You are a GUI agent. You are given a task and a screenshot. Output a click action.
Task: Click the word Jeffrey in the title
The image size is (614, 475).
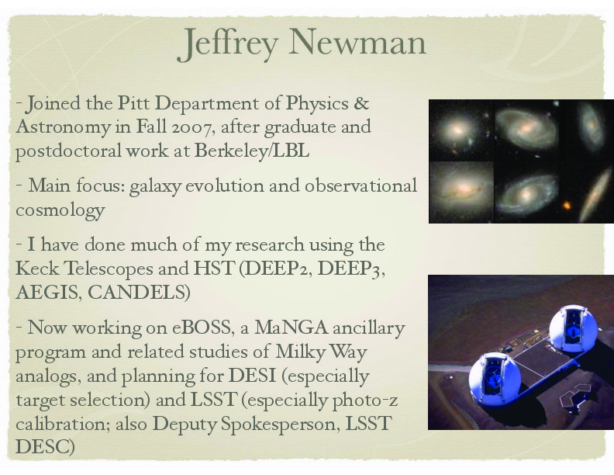pos(227,43)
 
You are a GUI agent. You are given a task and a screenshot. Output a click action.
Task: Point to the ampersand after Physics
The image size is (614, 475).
pos(361,102)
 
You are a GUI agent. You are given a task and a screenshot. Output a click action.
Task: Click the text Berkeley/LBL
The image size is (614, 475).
pos(252,151)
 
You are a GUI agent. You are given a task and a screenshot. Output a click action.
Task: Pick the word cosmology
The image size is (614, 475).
pos(60,210)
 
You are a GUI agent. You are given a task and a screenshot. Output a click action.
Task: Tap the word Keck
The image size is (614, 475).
pos(37,269)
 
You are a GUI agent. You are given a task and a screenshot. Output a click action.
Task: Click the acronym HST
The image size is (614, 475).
pos(213,269)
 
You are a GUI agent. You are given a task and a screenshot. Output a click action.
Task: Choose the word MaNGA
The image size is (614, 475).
pos(291,328)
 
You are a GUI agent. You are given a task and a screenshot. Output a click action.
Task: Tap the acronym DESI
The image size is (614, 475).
pos(252,376)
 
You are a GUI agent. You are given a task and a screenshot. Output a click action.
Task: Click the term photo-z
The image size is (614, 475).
pos(365,400)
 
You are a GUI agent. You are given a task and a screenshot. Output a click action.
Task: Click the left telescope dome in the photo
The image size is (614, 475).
pos(495,378)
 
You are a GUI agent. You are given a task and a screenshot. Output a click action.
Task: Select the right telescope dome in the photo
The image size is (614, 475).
pos(573,328)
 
